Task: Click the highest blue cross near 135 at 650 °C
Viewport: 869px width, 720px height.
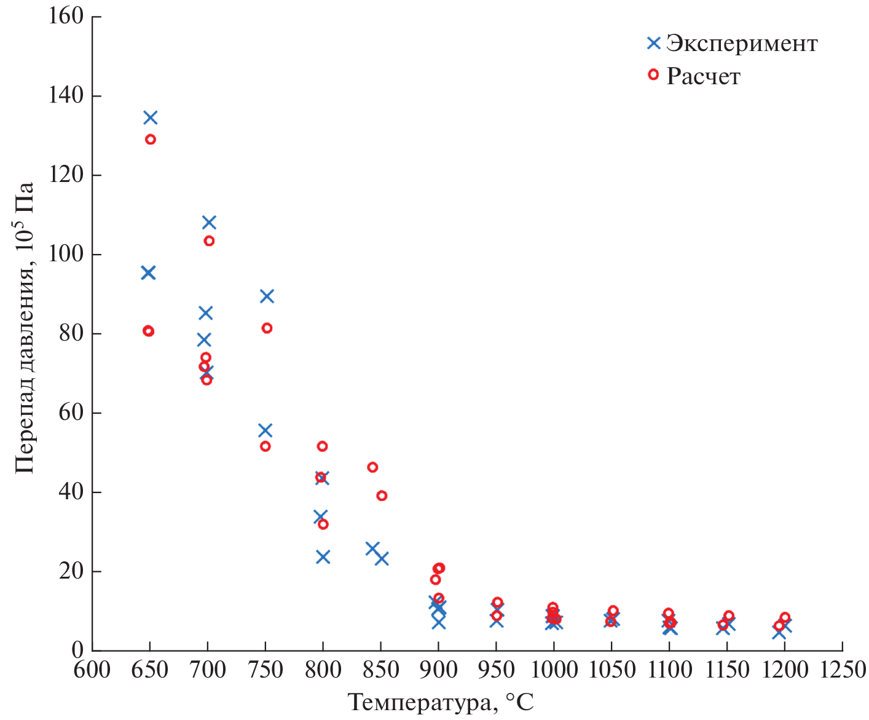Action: point(151,117)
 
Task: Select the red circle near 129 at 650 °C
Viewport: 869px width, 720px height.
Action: point(151,140)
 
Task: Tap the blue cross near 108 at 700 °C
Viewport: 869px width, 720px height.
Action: point(209,222)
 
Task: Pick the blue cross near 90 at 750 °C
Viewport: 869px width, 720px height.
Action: point(267,296)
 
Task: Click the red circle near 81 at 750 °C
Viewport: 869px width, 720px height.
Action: point(267,328)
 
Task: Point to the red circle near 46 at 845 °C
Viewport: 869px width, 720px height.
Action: point(372,467)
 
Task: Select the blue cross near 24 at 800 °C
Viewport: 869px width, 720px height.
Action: point(323,557)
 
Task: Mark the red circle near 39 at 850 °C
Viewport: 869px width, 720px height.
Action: point(382,496)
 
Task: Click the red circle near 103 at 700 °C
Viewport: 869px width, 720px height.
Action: point(209,241)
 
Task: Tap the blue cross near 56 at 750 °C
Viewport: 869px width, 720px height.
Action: point(265,430)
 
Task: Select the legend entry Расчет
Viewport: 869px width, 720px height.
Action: point(703,76)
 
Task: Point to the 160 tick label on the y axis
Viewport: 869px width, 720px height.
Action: point(66,16)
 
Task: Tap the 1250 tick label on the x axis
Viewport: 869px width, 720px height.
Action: point(842,670)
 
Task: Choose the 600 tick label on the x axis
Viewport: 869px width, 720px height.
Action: point(92,670)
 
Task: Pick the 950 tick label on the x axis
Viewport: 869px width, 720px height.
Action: point(497,670)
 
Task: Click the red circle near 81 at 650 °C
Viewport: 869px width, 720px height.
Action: point(148,331)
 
